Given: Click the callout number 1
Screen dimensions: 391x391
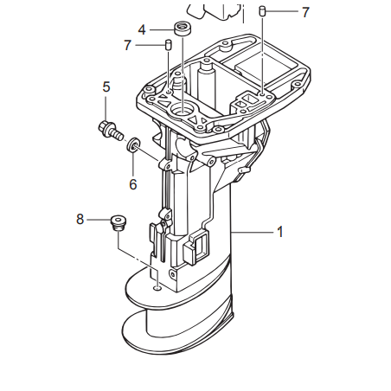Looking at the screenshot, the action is tap(280, 232).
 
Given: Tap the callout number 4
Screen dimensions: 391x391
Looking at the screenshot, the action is tap(142, 29).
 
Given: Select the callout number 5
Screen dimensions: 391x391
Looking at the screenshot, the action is tap(106, 87).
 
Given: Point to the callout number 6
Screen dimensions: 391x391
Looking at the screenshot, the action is tap(132, 184).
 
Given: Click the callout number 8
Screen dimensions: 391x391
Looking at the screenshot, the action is tap(80, 219).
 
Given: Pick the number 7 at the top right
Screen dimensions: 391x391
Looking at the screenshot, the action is tap(305, 12).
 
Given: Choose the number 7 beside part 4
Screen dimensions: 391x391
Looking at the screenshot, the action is tap(127, 45).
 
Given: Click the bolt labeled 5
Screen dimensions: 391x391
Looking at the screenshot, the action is tap(111, 131).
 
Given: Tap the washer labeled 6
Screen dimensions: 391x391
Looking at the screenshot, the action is tap(133, 144).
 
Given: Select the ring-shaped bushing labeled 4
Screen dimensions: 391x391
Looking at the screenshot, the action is tap(183, 29).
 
